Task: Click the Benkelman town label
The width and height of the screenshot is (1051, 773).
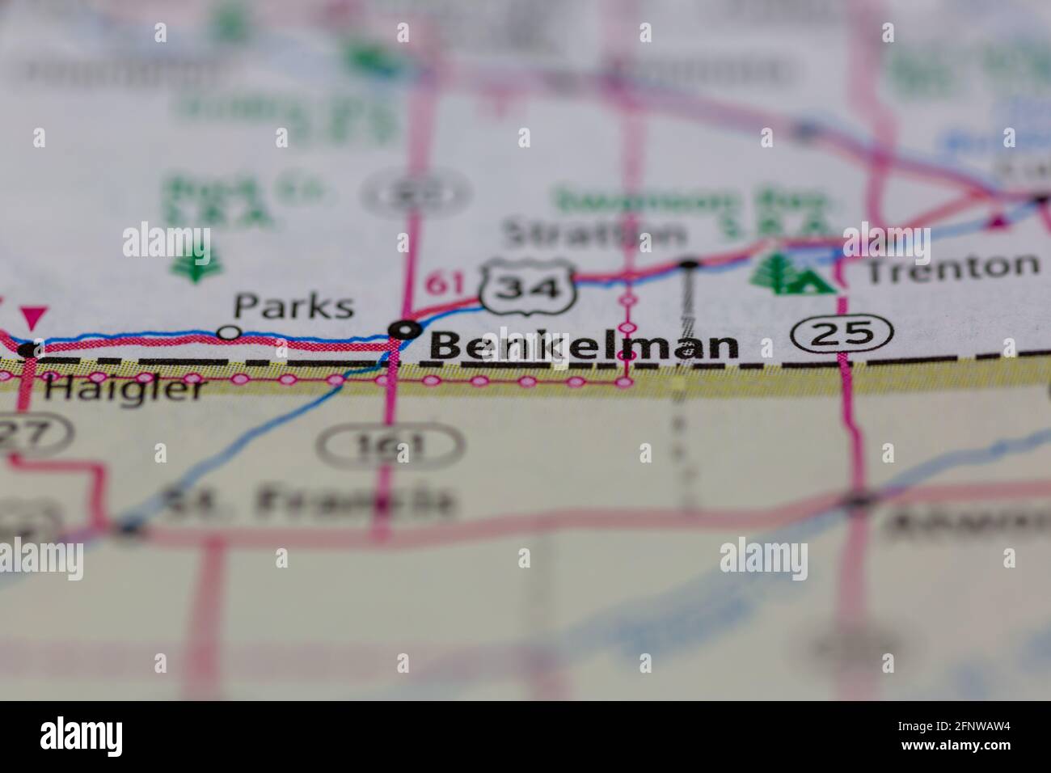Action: click(584, 346)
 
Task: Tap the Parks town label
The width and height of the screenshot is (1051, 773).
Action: click(293, 306)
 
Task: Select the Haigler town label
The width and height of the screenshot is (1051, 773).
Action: click(125, 390)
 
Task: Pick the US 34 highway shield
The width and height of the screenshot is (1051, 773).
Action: click(530, 286)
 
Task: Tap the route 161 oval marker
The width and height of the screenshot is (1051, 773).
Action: click(390, 445)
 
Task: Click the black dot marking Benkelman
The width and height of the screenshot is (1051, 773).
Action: click(404, 329)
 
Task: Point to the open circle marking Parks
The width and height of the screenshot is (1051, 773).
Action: click(230, 332)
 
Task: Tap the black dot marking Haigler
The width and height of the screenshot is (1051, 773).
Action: click(30, 350)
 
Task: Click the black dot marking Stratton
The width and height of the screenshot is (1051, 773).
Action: click(689, 263)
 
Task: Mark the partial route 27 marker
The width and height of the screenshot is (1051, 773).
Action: click(32, 436)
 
